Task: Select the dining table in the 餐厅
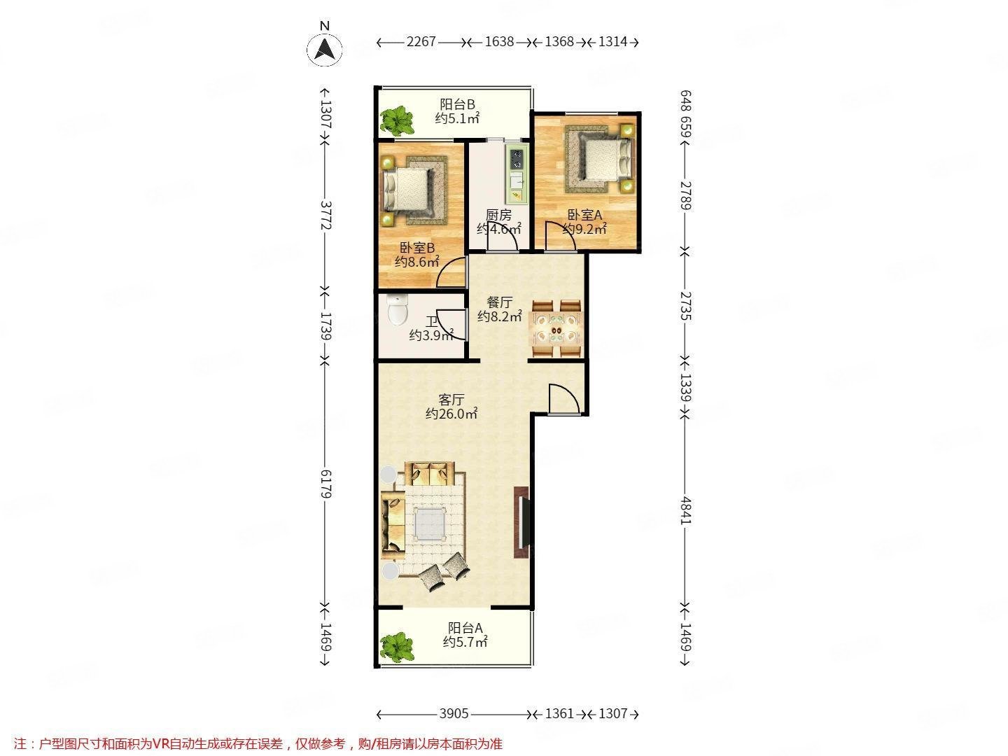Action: (556, 328)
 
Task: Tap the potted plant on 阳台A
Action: (397, 647)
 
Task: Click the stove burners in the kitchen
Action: (517, 159)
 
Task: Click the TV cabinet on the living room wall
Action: (522, 521)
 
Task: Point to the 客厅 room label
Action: (451, 400)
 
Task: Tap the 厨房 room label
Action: (498, 215)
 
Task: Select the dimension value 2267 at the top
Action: (421, 42)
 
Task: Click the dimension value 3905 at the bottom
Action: (454, 714)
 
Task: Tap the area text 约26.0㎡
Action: (451, 414)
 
